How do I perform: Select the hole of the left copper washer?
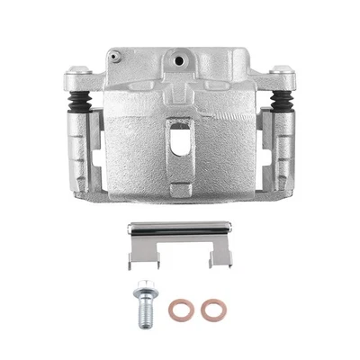[180, 310]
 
